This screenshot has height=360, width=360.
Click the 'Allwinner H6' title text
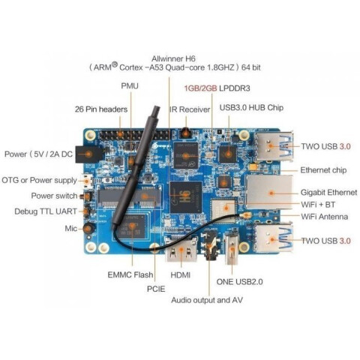pyautogui.click(x=173, y=58)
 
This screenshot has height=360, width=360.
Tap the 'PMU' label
pyautogui.click(x=130, y=86)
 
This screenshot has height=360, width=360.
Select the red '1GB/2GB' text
pyautogui.click(x=200, y=88)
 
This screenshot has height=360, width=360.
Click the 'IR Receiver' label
pyautogui.click(x=190, y=109)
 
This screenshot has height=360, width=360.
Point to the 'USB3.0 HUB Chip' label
pyautogui.click(x=251, y=108)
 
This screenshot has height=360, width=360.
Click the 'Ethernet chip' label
pyautogui.click(x=323, y=170)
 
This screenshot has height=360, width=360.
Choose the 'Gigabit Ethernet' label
pyautogui.click(x=328, y=192)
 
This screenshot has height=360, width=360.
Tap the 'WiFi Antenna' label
pyautogui.click(x=324, y=217)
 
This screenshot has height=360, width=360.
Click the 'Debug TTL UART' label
pyautogui.click(x=46, y=211)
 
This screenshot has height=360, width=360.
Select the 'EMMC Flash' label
pyautogui.click(x=130, y=274)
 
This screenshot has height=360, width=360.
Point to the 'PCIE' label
pyautogui.click(x=156, y=289)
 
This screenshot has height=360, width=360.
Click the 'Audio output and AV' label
pyautogui.click(x=207, y=300)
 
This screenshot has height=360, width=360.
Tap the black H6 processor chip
pyautogui.click(x=186, y=197)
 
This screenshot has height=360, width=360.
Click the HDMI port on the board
pyautogui.click(x=181, y=250)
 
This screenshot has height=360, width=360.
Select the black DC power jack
pyautogui.click(x=88, y=154)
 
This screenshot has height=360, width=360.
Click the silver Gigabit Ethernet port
pyautogui.click(x=269, y=192)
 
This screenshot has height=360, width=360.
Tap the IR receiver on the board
pyautogui.click(x=185, y=133)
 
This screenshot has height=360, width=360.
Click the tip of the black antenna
pyautogui.click(x=157, y=108)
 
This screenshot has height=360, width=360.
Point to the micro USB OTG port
pyautogui.click(x=87, y=181)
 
